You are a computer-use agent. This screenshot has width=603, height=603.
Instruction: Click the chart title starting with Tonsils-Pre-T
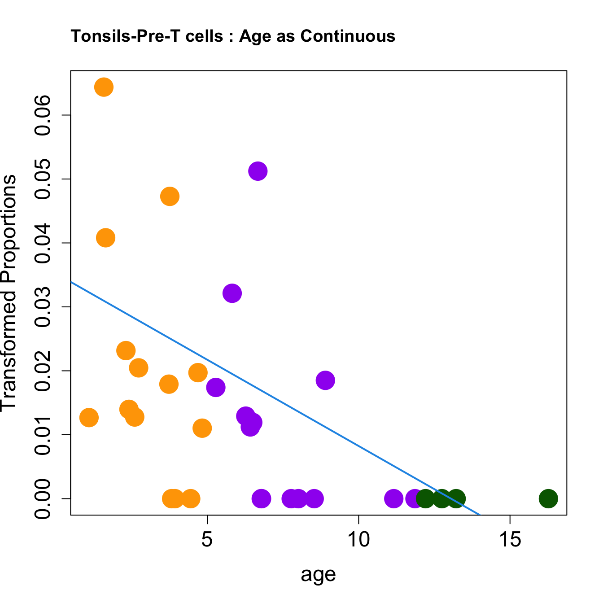[x=233, y=36]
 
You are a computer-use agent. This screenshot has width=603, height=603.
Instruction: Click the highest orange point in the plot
[x=104, y=87]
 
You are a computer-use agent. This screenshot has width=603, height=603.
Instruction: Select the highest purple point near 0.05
[x=258, y=171]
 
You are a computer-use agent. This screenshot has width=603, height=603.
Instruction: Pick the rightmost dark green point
[x=548, y=498]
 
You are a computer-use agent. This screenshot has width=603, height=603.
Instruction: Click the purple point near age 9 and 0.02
[x=325, y=380]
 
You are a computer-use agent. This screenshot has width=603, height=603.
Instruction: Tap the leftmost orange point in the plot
[x=89, y=418]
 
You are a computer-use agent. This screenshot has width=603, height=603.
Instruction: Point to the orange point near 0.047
[x=170, y=196]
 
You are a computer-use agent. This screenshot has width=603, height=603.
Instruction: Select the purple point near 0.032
[x=232, y=293]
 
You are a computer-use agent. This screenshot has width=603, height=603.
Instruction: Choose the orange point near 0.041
[x=106, y=237]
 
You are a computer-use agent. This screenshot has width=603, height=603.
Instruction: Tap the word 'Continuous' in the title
[x=348, y=36]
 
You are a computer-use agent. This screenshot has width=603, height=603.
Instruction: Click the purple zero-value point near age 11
[x=393, y=498]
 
